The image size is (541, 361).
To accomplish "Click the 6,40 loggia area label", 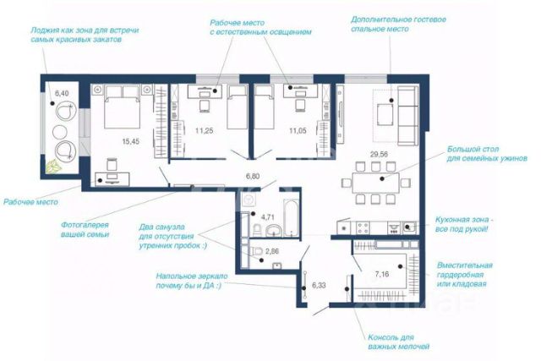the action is pyautogui.click(x=62, y=93).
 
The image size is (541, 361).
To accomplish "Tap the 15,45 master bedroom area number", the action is pyautogui.click(x=131, y=141).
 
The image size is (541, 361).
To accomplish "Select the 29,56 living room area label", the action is pyautogui.click(x=379, y=154).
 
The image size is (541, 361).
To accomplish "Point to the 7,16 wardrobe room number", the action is pyautogui.click(x=382, y=275).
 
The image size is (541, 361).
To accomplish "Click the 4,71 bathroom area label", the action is pyautogui.click(x=268, y=217).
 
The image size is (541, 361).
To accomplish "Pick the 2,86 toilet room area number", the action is pyautogui.click(x=272, y=251).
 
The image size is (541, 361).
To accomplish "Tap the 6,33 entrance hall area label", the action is pyautogui.click(x=319, y=286).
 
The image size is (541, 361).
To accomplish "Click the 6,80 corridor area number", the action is pyautogui.click(x=253, y=177).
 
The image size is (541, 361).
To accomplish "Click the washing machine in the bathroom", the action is pyautogui.click(x=249, y=200).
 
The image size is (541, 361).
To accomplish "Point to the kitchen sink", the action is pyautogui.click(x=409, y=227).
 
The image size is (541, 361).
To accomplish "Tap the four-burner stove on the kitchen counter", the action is pyautogui.click(x=363, y=227).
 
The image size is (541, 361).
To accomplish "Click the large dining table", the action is pyautogui.click(x=375, y=183).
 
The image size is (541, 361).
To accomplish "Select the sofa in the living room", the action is pyautogui.click(x=407, y=116).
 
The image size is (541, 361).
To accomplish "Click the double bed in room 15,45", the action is pyautogui.click(x=123, y=107).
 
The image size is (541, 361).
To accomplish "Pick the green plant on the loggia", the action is pyautogui.click(x=53, y=167).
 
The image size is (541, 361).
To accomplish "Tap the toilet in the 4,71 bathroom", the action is pyautogui.click(x=257, y=229).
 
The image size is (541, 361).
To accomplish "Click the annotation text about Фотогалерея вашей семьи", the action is pyautogui.click(x=85, y=229).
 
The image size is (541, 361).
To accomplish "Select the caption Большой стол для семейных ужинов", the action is pyautogui.click(x=487, y=154).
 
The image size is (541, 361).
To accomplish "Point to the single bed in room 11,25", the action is pyautogui.click(x=238, y=107).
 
